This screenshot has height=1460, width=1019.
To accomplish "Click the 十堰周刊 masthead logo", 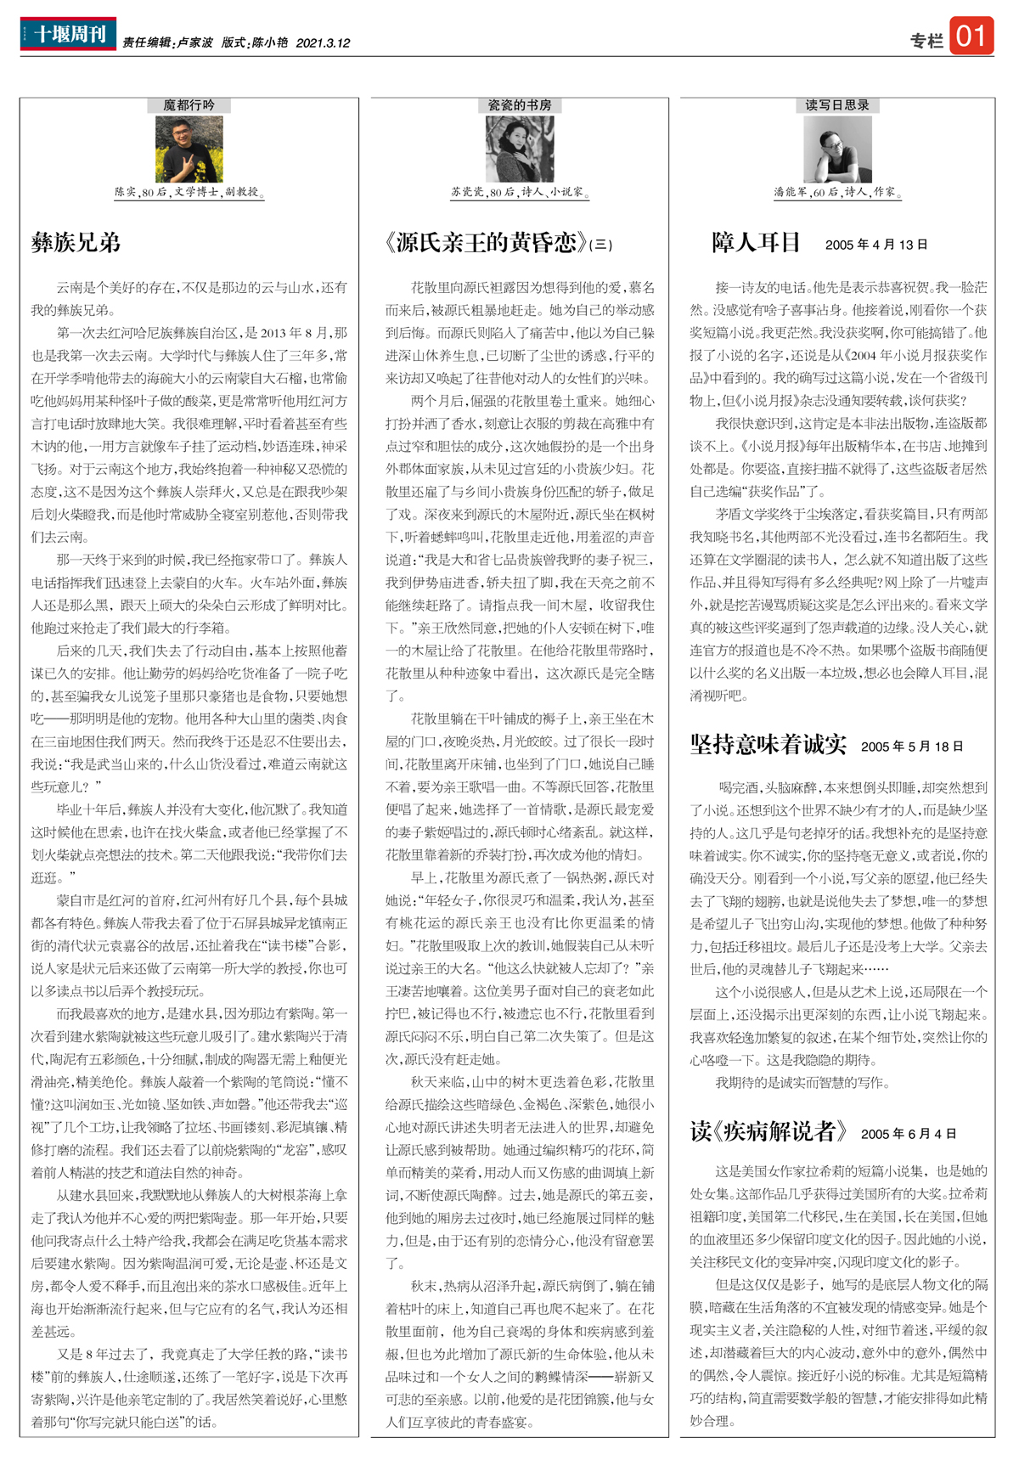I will [x=68, y=34].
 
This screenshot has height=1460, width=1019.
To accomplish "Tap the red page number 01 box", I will [x=971, y=37].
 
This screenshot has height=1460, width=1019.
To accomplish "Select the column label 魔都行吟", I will [x=189, y=105].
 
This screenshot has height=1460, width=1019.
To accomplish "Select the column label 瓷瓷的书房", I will [x=519, y=105].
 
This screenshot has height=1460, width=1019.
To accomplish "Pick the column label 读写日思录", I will [x=836, y=105].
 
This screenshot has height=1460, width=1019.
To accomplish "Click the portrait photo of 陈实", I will [x=189, y=149].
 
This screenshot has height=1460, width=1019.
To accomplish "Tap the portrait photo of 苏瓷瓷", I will [x=519, y=149].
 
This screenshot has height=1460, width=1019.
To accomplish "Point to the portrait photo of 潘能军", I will [x=837, y=149].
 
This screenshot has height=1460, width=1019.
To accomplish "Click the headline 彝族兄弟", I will [x=76, y=243].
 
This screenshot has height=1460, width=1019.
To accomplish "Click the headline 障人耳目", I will [x=756, y=243].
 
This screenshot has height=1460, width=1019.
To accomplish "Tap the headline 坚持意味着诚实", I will [x=768, y=745].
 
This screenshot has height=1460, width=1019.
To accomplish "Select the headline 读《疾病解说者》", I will [x=768, y=1131].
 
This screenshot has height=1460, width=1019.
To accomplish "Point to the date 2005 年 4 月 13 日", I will [x=875, y=245].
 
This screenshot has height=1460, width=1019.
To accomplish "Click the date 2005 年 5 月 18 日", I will [x=911, y=747].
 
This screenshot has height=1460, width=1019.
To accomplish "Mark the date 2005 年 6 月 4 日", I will [x=908, y=1134].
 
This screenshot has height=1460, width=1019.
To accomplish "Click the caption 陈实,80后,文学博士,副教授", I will [x=189, y=193].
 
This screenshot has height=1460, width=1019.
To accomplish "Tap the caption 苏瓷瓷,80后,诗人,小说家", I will [x=519, y=193].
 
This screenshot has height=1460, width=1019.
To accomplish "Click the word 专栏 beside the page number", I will [x=926, y=41].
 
